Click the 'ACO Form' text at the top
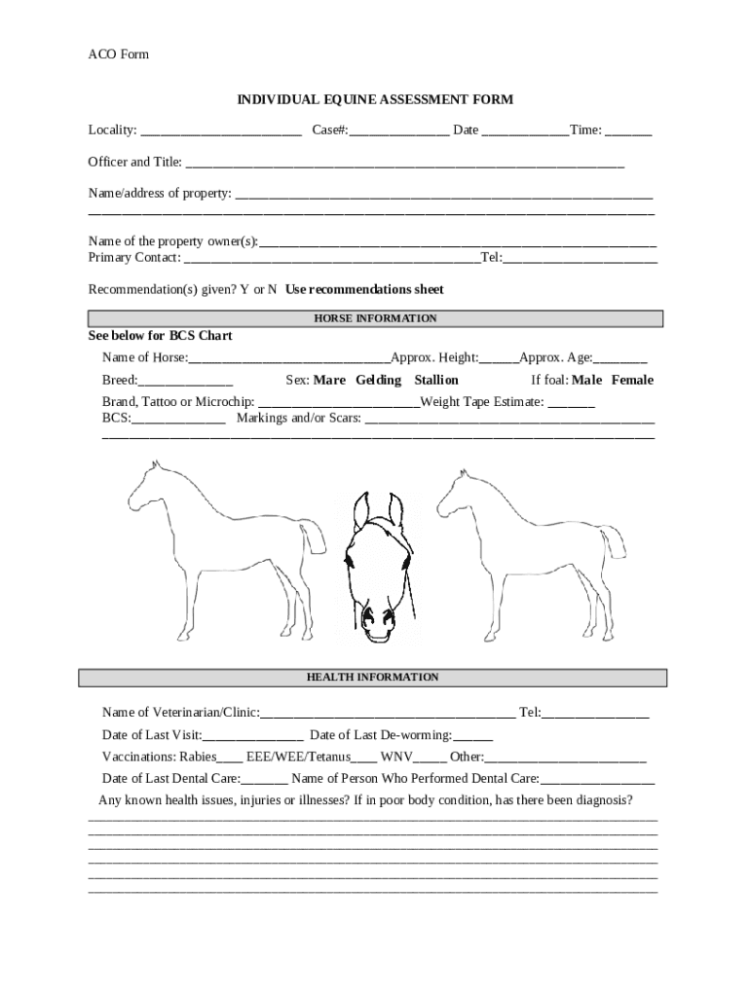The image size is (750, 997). pyautogui.click(x=119, y=55)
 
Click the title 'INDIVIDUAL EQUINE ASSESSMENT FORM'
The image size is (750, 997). pyautogui.click(x=376, y=99)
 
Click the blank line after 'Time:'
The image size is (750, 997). pyautogui.click(x=629, y=131)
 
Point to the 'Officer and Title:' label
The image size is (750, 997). pyautogui.click(x=135, y=162)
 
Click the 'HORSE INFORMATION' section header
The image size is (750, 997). pyautogui.click(x=375, y=318)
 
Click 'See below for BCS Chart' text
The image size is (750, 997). pyautogui.click(x=161, y=336)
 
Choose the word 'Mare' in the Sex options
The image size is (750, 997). pyautogui.click(x=329, y=380)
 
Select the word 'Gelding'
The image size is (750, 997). pyautogui.click(x=379, y=380)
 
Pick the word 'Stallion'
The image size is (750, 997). pyautogui.click(x=436, y=380)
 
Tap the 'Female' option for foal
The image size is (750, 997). pyautogui.click(x=632, y=380)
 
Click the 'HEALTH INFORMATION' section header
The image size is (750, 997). pyautogui.click(x=373, y=678)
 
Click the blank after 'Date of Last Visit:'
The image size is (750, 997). pyautogui.click(x=253, y=736)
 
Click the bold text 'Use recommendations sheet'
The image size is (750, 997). pyautogui.click(x=365, y=289)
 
